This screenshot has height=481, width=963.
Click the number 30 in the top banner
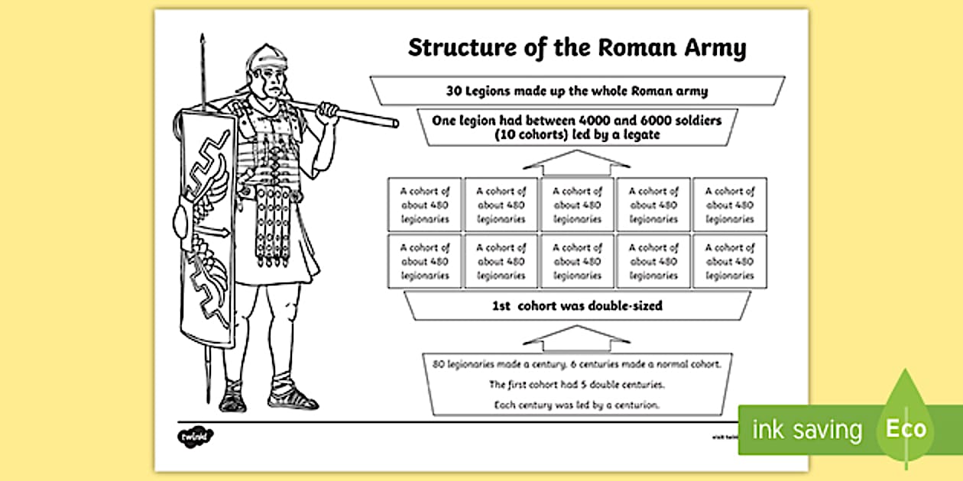[454, 91]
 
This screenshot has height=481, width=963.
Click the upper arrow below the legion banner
[578, 161]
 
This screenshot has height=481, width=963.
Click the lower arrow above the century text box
[578, 337]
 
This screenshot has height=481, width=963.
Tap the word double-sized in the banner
[624, 306]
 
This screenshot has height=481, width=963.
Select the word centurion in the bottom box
[634, 405]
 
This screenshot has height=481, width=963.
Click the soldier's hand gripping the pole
[327, 111]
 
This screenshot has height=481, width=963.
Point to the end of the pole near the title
[394, 122]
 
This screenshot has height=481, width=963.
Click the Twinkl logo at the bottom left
[196, 437]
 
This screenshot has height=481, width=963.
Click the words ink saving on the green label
[807, 430]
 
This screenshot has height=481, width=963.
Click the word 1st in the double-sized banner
[504, 306]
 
